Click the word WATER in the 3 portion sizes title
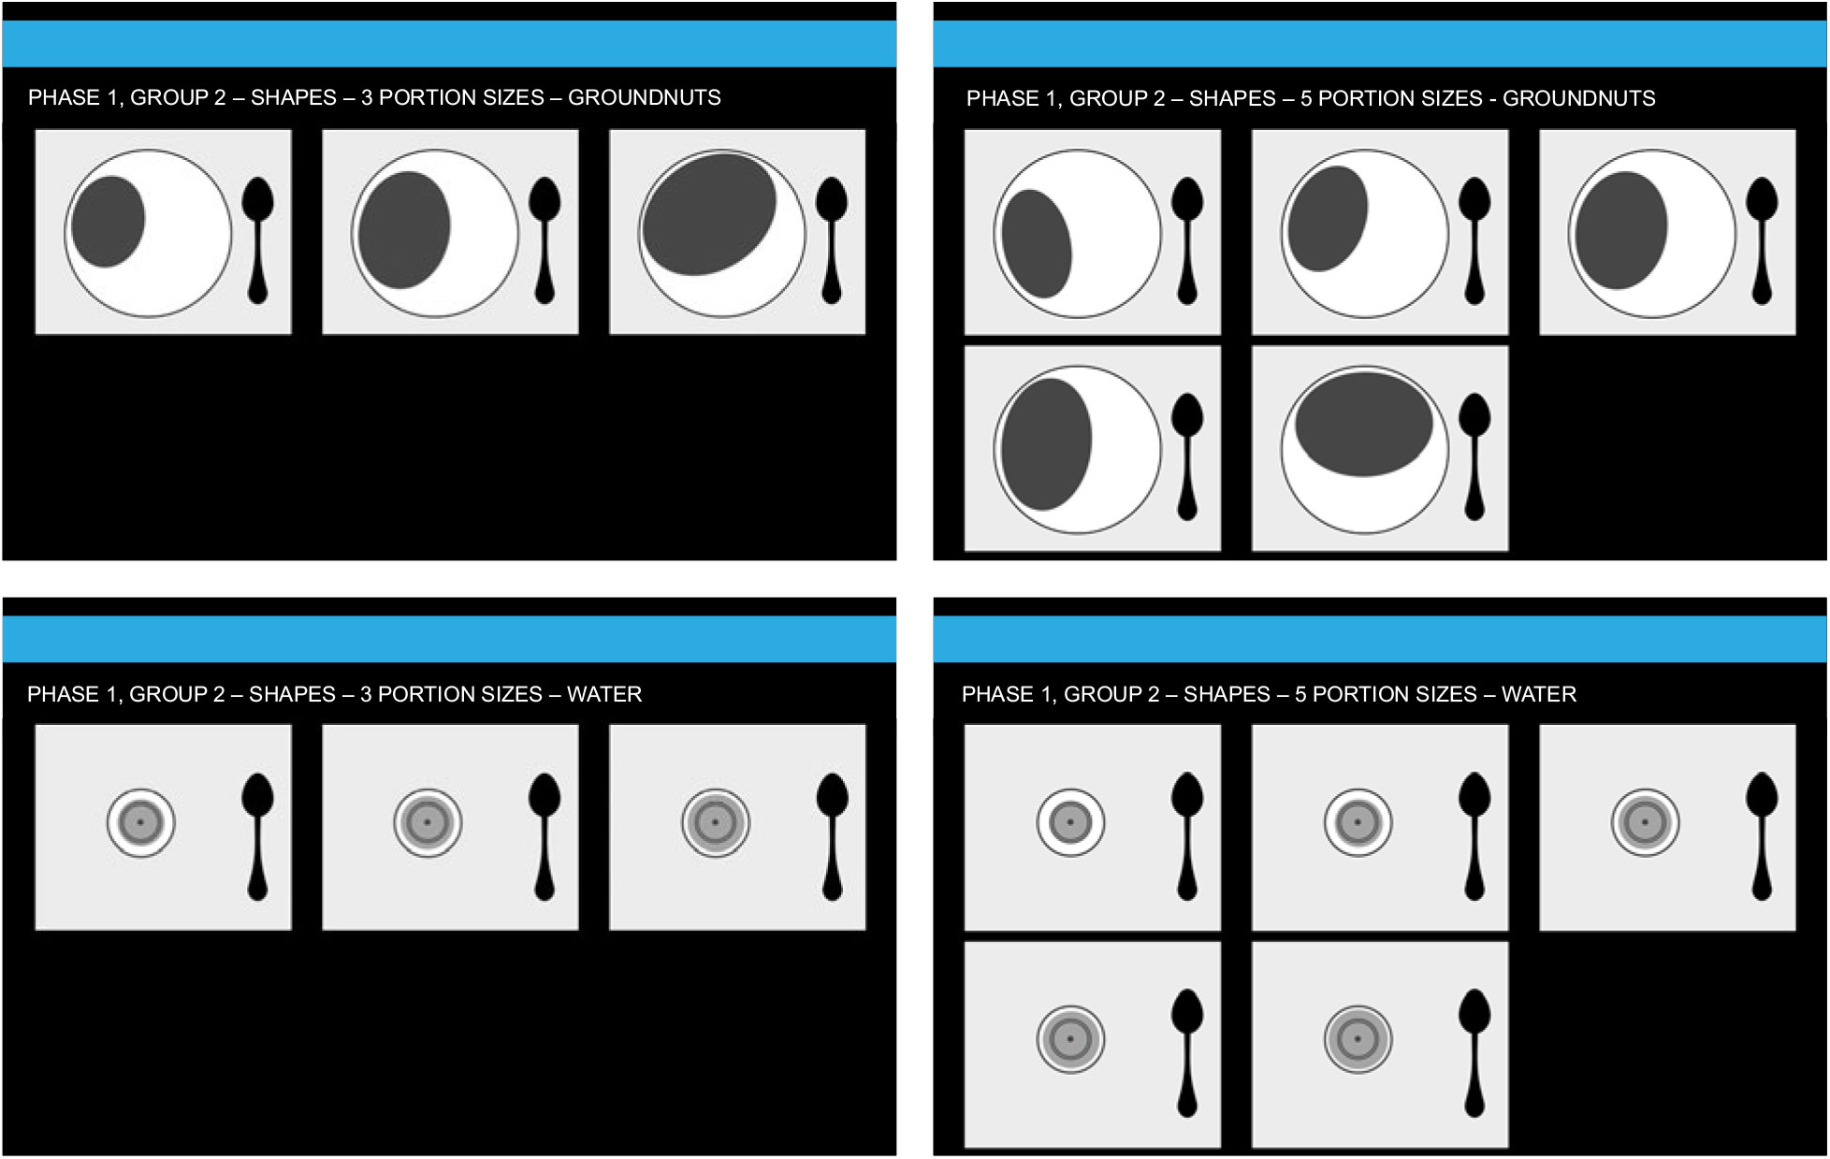point(603,694)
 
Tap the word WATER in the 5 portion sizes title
point(1538,694)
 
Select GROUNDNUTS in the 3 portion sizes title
point(644,97)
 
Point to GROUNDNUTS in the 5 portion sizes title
point(1578,98)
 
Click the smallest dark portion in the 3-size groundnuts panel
point(108,222)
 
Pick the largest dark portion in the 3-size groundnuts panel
point(709,215)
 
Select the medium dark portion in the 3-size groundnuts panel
point(404,229)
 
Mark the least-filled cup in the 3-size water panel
point(140,823)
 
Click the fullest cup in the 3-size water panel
point(715,823)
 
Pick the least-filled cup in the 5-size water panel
point(1070,823)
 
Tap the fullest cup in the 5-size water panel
point(1358,1039)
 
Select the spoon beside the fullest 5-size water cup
point(1474,1051)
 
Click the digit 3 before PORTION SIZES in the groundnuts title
point(367,97)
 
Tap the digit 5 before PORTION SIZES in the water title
point(1300,694)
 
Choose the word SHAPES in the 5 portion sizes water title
point(1227,694)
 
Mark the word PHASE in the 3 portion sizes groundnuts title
point(62,97)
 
